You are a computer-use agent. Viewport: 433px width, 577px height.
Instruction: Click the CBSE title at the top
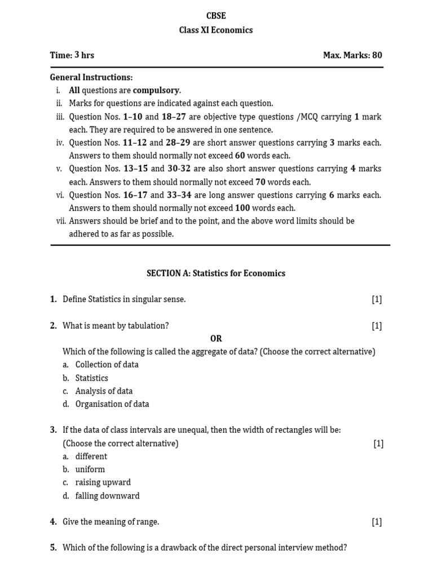[216, 16]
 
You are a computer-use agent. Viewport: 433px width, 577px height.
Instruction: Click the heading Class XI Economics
[216, 30]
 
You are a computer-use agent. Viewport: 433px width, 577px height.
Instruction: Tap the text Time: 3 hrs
[72, 55]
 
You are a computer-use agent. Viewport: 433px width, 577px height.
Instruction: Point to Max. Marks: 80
[352, 55]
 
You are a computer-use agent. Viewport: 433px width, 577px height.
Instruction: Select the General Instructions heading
[91, 77]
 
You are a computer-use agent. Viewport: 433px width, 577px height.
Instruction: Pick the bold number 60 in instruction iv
[240, 156]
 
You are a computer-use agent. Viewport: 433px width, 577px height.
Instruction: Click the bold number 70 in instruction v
[260, 182]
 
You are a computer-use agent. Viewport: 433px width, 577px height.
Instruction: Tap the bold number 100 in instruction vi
[242, 208]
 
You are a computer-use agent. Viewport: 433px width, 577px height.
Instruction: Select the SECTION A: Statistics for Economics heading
[216, 273]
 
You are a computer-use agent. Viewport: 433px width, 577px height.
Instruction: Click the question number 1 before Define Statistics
[53, 299]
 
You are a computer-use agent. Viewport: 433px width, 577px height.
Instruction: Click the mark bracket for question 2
[377, 325]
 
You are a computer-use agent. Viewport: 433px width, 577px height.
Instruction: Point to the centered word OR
[216, 338]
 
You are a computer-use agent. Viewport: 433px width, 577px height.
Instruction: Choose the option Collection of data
[107, 365]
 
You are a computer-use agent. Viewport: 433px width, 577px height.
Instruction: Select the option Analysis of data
[104, 391]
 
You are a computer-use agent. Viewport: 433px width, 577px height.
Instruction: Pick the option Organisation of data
[112, 404]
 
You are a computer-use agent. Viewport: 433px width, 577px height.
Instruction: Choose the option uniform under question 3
[90, 469]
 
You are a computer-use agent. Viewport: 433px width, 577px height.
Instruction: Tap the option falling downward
[107, 496]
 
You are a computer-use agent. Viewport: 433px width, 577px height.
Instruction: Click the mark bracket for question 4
[377, 522]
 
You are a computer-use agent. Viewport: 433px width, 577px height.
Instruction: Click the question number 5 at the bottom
[53, 547]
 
